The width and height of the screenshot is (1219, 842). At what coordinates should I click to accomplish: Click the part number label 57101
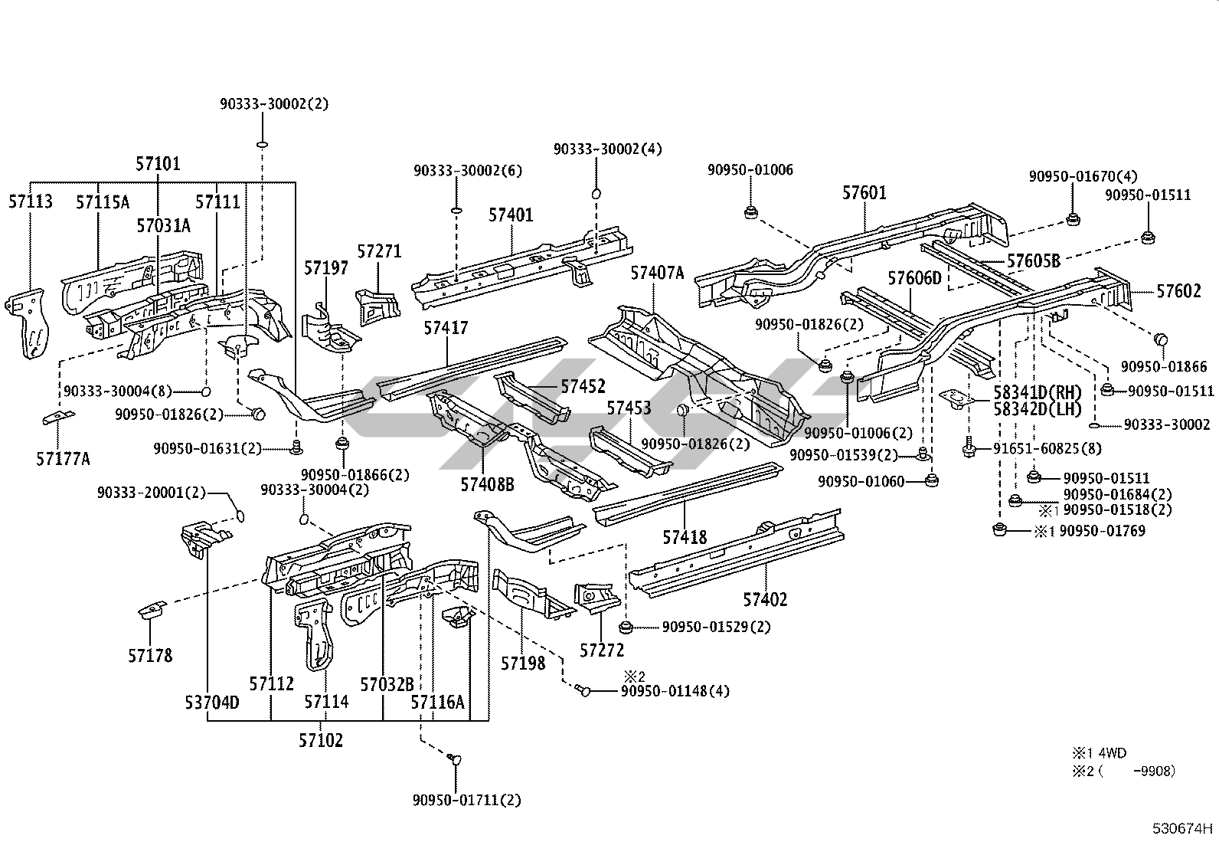point(158,163)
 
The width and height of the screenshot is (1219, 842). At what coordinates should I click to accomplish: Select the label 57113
point(31,201)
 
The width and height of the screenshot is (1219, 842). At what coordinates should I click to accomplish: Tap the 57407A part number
point(657,272)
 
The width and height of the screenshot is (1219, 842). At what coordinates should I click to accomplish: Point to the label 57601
point(864,192)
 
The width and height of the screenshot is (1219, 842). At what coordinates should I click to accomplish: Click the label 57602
point(1179,291)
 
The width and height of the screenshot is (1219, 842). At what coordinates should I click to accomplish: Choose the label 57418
point(685,538)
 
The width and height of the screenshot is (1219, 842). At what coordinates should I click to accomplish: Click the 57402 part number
point(764,599)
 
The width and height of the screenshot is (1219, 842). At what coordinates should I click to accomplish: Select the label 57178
point(150,656)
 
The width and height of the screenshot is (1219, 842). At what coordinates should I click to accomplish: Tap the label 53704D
point(211,701)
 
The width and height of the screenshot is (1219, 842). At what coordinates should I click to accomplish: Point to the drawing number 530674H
point(1183,828)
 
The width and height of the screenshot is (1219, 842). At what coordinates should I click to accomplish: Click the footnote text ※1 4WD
point(1099,753)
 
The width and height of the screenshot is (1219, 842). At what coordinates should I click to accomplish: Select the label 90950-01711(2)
point(466,800)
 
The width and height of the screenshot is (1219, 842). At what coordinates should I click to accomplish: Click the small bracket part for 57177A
point(59,418)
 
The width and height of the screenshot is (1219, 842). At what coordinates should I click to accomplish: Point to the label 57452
point(583,386)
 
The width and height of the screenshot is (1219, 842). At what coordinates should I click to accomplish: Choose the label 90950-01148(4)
point(675,691)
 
